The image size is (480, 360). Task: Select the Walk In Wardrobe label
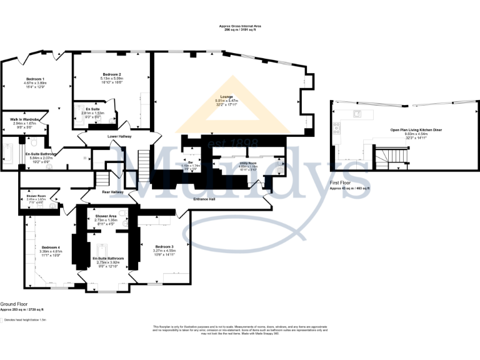click(26, 119)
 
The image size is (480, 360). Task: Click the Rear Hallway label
click(113, 192)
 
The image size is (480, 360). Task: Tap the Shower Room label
click(36, 196)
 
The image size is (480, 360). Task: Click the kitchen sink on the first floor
click(359, 114)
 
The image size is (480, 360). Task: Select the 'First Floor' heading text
click(341, 182)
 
